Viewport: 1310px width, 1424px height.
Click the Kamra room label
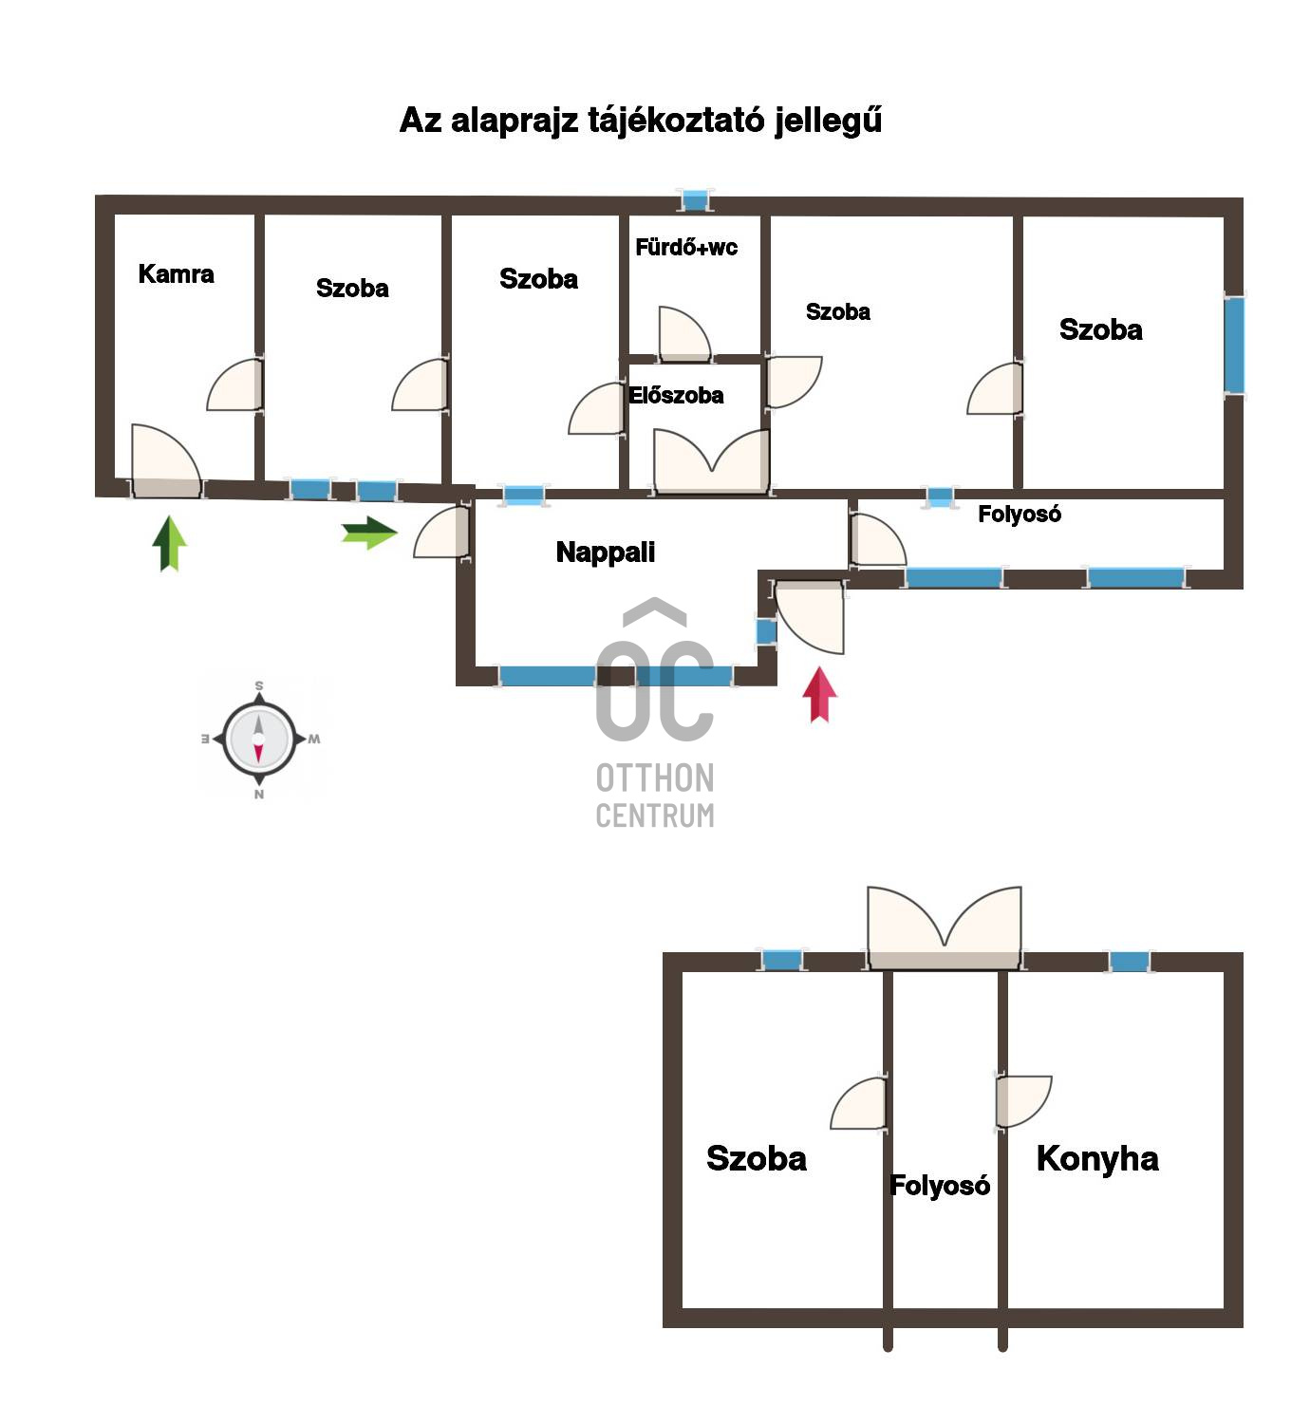click(176, 273)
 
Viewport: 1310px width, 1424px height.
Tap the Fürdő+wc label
click(686, 247)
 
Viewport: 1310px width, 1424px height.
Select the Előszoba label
click(675, 395)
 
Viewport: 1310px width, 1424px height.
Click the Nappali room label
click(605, 553)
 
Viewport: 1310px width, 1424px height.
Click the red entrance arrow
click(819, 694)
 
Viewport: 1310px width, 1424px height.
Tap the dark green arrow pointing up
click(169, 543)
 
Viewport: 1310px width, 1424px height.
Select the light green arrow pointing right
click(369, 533)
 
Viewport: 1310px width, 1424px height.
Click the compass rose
click(259, 739)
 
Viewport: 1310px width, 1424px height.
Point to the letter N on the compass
click(259, 795)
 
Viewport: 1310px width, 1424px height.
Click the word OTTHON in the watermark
click(655, 778)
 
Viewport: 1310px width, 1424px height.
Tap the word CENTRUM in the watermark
click(655, 815)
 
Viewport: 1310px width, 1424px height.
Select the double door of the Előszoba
click(711, 460)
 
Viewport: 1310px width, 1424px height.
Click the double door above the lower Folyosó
click(944, 927)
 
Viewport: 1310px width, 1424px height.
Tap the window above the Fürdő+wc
click(695, 201)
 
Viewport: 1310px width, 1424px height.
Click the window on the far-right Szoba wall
click(1234, 345)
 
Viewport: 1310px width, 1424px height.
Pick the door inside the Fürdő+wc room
click(684, 333)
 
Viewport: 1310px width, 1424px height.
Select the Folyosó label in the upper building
click(1019, 514)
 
